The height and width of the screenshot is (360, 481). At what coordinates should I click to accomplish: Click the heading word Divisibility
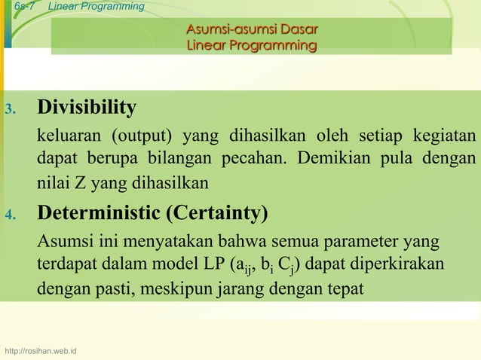tap(87, 108)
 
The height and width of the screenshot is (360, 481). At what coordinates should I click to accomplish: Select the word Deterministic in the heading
tap(100, 214)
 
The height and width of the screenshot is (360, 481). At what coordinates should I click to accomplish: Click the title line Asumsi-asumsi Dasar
tap(251, 30)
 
